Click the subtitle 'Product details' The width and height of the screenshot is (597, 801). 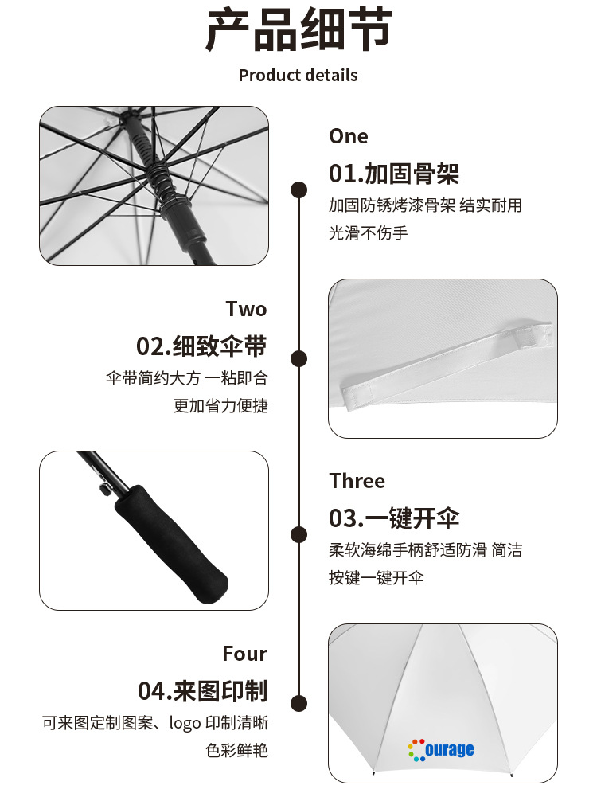[298, 76]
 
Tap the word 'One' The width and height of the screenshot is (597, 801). [349, 136]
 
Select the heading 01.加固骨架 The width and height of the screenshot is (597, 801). [394, 173]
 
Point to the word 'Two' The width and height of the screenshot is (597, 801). [246, 309]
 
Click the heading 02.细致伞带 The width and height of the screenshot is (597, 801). [201, 346]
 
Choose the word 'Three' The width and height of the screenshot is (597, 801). [357, 481]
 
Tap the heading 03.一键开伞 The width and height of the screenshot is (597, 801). [394, 518]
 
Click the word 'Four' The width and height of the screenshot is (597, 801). [244, 654]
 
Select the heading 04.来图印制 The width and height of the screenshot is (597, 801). [202, 690]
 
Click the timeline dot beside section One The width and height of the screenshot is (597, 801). [299, 190]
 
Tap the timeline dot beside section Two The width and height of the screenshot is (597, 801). [299, 358]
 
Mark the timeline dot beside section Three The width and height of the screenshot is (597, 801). [299, 534]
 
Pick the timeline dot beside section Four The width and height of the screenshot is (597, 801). [299, 703]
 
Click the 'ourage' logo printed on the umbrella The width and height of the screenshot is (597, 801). [441, 749]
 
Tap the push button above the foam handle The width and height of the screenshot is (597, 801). [101, 488]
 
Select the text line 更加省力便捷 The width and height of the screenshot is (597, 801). [220, 405]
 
